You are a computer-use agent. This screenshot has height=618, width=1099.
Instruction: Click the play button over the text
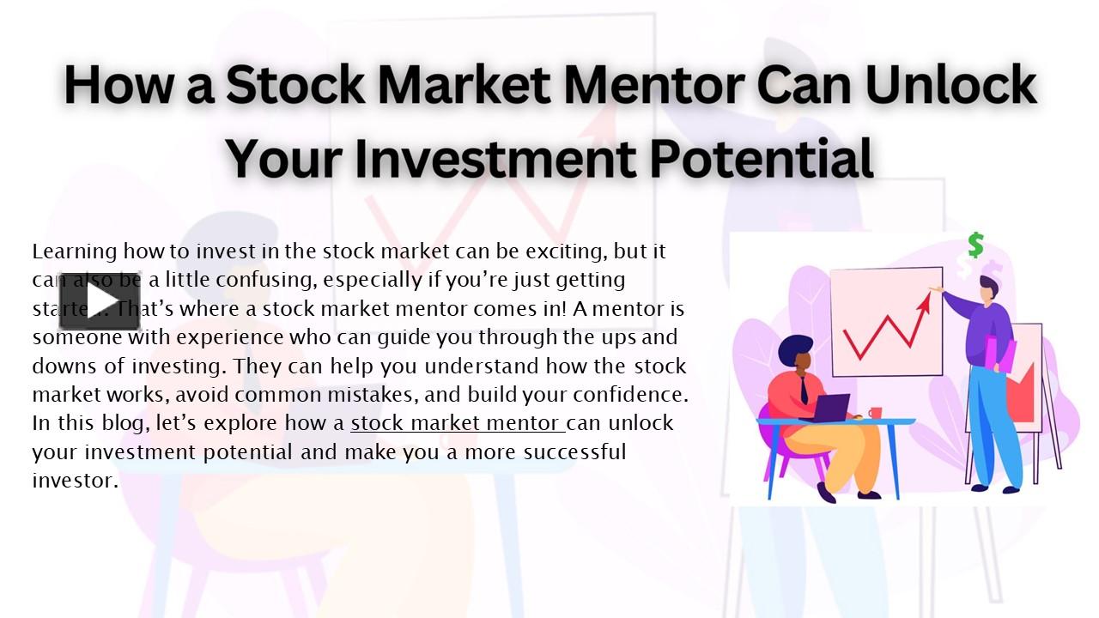coord(100,301)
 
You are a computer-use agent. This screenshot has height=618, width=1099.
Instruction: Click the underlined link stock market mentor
coord(457,423)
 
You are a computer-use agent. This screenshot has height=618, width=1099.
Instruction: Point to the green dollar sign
coord(975,245)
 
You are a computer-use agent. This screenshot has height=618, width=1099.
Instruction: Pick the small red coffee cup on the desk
coord(875,413)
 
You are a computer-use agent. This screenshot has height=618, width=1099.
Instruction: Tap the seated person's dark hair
coord(794,348)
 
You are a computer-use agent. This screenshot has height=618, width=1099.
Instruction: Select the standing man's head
coord(990,288)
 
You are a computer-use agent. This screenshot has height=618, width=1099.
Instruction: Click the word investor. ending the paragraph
coord(75,481)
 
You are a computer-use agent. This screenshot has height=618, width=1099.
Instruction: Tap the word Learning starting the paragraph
coord(74,251)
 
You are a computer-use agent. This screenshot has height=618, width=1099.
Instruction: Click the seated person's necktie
coord(803,391)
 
